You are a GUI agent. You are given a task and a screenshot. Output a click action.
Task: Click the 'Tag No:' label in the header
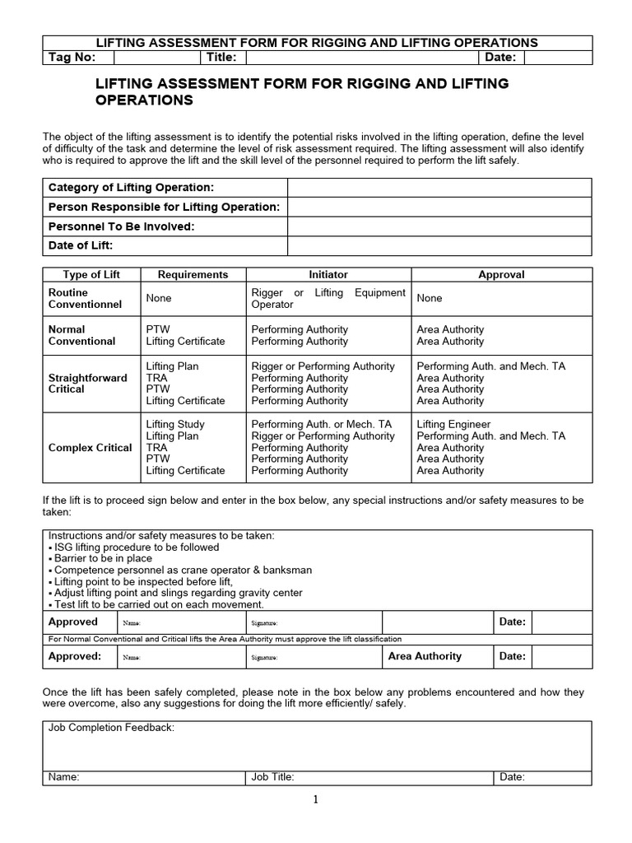pyautogui.click(x=72, y=57)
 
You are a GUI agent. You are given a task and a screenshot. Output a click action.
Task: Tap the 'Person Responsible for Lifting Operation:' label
pyautogui.click(x=164, y=207)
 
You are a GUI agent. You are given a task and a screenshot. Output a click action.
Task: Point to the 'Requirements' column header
pyautogui.click(x=193, y=275)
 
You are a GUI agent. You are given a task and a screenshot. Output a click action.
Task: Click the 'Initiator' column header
pyautogui.click(x=328, y=275)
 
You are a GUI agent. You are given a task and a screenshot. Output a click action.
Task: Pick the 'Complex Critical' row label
pyautogui.click(x=90, y=448)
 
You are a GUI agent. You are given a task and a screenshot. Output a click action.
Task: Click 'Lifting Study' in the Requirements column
pyautogui.click(x=175, y=424)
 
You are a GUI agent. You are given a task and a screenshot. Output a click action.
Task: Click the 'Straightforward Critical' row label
pyautogui.click(x=87, y=384)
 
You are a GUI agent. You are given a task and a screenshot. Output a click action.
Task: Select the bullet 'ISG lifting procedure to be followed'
pyautogui.click(x=136, y=547)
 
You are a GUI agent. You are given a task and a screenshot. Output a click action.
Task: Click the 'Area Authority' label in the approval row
pyautogui.click(x=425, y=656)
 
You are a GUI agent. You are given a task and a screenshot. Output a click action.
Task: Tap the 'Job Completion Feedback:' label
pyautogui.click(x=111, y=729)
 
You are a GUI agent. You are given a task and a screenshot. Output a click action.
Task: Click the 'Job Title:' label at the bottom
pyautogui.click(x=272, y=776)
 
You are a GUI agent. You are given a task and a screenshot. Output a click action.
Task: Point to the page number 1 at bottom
pyautogui.click(x=315, y=799)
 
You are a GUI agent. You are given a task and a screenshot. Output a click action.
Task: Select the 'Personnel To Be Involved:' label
pyautogui.click(x=122, y=226)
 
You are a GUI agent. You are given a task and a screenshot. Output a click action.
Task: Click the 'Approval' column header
pyautogui.click(x=500, y=275)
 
